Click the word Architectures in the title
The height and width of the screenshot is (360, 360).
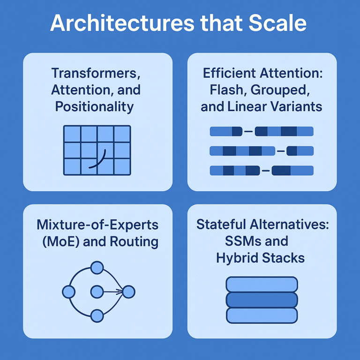coord(122,23)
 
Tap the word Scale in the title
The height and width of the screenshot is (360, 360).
coord(277,23)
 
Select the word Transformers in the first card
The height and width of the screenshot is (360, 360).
coord(96,73)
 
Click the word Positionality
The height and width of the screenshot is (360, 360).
coord(94,107)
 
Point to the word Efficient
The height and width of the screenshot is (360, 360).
coord(230,73)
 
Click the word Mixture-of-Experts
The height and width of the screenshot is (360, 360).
coord(97,225)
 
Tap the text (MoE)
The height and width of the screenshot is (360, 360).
coord(61,241)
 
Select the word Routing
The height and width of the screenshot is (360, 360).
coord(134,242)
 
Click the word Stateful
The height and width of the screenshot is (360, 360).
coord(221,225)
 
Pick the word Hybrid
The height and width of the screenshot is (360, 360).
coord(237,258)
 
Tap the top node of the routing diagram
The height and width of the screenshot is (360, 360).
coord(97,268)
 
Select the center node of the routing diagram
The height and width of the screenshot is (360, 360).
coord(97,292)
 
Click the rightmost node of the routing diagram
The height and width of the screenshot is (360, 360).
coord(129,292)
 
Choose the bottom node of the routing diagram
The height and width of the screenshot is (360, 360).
coord(97,316)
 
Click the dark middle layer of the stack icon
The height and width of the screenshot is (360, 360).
coord(262,300)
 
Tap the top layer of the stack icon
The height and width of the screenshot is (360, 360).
coord(262,285)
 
